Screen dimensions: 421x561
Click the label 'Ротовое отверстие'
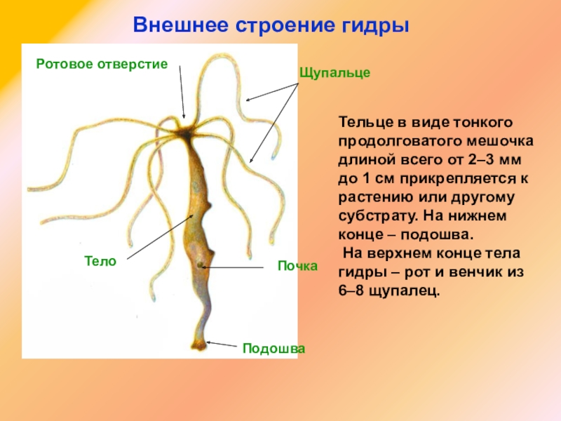tap(102, 64)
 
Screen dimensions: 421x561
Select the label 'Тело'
tap(100, 260)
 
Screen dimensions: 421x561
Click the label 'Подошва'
tap(273, 348)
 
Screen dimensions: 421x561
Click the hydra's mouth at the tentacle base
tap(187, 131)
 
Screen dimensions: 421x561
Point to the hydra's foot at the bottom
tap(198, 345)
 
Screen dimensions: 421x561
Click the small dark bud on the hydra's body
tap(201, 265)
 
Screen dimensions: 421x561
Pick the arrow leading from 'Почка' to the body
tap(238, 267)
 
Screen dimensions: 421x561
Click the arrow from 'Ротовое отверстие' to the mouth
tap(182, 91)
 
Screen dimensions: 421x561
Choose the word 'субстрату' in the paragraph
tap(369, 216)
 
